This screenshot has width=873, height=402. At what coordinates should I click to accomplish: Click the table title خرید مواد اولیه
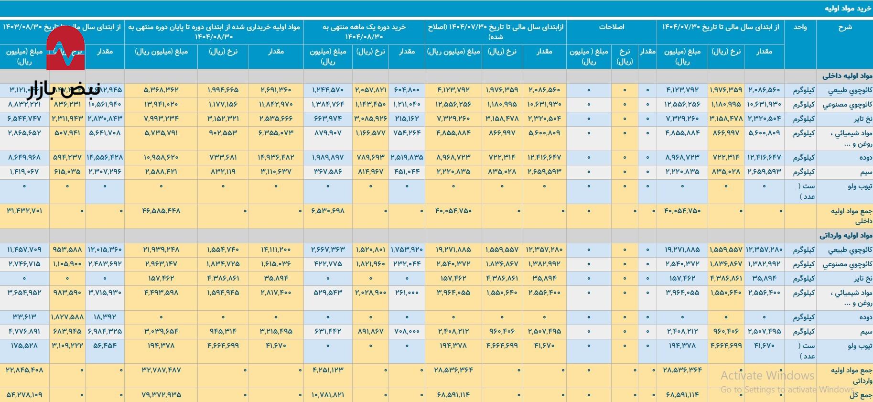click(847, 9)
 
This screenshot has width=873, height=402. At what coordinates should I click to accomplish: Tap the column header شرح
click(845, 27)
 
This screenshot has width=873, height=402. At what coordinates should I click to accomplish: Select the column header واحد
click(800, 27)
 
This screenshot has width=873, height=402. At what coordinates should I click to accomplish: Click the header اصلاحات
click(612, 27)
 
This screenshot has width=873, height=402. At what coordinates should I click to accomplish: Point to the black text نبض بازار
click(63, 89)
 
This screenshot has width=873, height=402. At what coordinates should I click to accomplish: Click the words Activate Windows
click(767, 375)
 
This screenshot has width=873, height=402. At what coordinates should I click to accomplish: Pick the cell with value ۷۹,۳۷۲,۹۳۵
click(162, 395)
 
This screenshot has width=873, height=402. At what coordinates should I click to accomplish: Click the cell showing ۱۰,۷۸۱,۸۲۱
click(328, 395)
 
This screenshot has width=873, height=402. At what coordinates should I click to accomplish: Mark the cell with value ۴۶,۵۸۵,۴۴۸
click(162, 211)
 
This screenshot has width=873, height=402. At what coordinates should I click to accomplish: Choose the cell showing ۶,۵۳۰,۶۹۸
click(328, 211)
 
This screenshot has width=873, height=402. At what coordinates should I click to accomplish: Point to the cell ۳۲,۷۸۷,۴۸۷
click(162, 370)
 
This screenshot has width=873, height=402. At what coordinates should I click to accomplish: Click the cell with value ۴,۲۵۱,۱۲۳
click(328, 370)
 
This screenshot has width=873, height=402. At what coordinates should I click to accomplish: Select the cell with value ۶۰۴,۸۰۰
click(407, 90)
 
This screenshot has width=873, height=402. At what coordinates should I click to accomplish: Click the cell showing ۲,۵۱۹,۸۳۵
click(407, 157)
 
